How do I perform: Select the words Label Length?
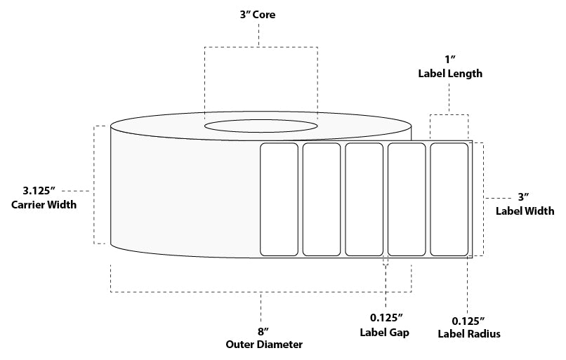[449, 74]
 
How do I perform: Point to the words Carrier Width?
[44, 204]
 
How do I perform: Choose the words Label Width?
[525, 211]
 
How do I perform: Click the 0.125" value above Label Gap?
[386, 319]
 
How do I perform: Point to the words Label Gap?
[386, 333]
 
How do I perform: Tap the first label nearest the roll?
[279, 199]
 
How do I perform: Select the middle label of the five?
[364, 199]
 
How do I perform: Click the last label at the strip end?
[449, 199]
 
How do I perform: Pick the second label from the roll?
[322, 199]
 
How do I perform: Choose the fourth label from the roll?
[407, 199]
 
